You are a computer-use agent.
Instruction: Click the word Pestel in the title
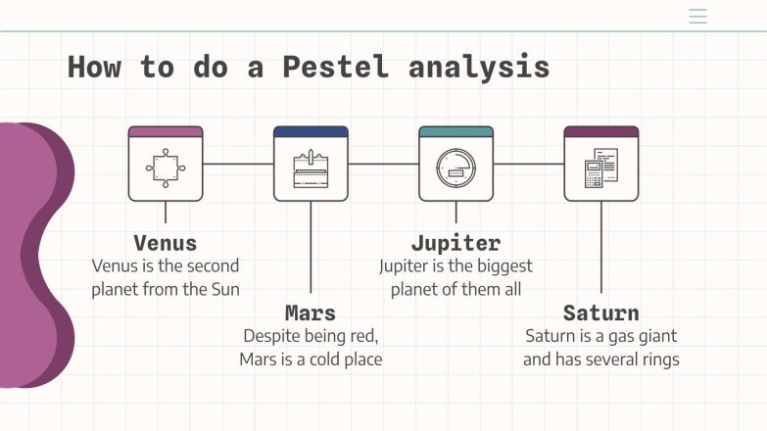[x=335, y=68]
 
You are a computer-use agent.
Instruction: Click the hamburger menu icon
[x=697, y=17]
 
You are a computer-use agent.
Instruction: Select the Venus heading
[x=165, y=243]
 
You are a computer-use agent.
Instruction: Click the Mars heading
[x=311, y=313]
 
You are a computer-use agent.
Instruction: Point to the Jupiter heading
[x=455, y=243]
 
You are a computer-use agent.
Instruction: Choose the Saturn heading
[x=600, y=313]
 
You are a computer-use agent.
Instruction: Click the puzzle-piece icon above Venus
[x=166, y=168]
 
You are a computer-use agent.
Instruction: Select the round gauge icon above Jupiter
[x=455, y=168]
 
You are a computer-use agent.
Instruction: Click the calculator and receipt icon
[x=600, y=168]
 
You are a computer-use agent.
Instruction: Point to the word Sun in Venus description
[x=224, y=289]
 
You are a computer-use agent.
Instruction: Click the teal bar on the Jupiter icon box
[x=455, y=131]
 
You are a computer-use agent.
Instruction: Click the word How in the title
[x=94, y=68]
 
